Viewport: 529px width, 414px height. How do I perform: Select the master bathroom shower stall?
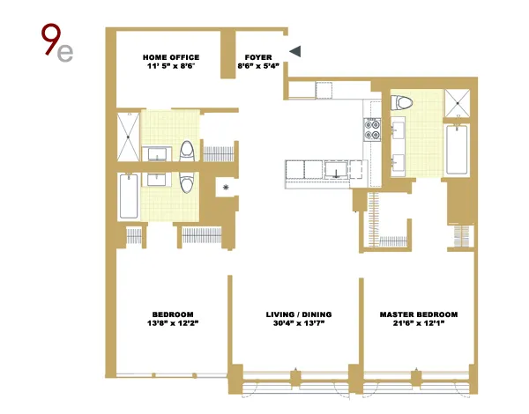click(457, 103)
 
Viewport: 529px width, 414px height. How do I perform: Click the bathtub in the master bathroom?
click(457, 151)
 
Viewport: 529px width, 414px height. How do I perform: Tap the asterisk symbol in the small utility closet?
click(227, 188)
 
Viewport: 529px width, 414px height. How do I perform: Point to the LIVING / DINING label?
click(294, 314)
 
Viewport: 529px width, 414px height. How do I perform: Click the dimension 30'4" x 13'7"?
click(294, 325)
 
